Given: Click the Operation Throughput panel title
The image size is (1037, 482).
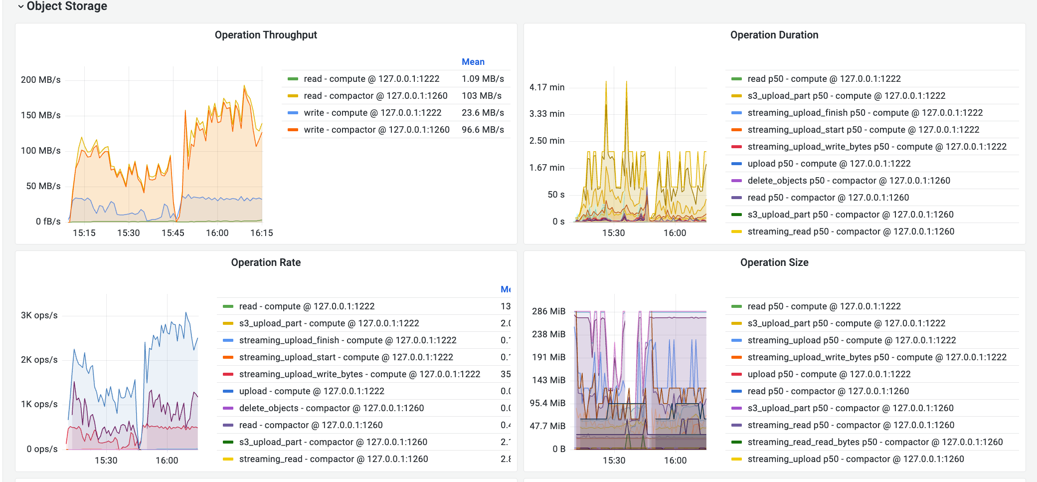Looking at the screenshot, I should [x=266, y=35].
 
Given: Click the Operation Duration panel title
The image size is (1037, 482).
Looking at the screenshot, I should [x=774, y=35].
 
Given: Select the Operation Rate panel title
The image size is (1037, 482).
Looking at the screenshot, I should [x=266, y=262].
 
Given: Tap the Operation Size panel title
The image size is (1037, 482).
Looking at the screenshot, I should [x=774, y=262].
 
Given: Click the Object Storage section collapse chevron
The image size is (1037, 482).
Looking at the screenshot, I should [x=20, y=6].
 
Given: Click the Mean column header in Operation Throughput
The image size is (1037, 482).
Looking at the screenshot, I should [x=473, y=62].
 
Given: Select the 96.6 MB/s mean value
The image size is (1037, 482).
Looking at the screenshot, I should [x=482, y=130].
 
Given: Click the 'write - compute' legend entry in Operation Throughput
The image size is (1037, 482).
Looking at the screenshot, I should [x=372, y=113].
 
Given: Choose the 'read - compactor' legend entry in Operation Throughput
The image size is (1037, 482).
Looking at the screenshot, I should [x=375, y=96].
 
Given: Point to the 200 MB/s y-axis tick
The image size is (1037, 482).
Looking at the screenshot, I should [x=41, y=80].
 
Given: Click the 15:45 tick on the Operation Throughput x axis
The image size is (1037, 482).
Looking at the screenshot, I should [x=173, y=233].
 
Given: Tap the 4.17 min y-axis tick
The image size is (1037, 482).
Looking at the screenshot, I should [x=547, y=87].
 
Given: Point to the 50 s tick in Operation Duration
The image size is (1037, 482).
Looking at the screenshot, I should [x=556, y=195].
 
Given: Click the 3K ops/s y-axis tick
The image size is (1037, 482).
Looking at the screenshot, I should [x=39, y=315].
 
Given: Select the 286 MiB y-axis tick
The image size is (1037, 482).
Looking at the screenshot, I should [x=548, y=311].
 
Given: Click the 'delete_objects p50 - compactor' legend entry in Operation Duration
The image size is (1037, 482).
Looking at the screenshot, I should [x=849, y=181].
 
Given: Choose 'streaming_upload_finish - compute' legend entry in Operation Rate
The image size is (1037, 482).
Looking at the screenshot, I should [x=347, y=340].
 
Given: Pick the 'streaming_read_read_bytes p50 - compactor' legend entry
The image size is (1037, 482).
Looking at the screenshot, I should [x=875, y=442].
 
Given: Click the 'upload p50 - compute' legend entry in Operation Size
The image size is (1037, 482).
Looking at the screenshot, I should [x=829, y=374].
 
